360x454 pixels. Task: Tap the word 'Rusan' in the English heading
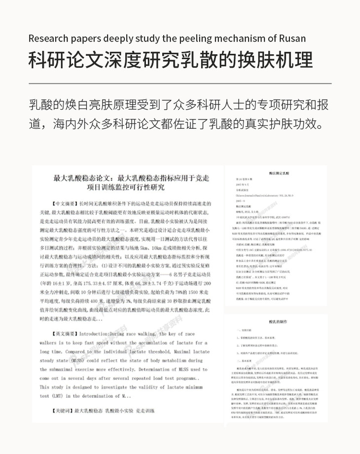click(x=298, y=39)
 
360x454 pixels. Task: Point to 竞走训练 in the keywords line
click(x=145, y=411)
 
